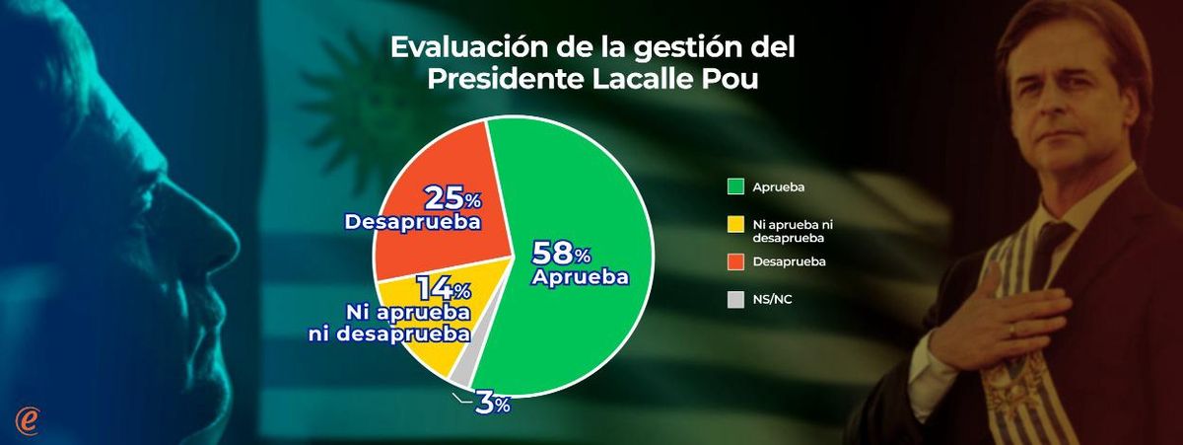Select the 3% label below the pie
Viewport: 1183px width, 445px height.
click(x=490, y=403)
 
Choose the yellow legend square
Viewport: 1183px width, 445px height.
click(x=732, y=225)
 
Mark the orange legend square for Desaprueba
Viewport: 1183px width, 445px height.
click(x=732, y=261)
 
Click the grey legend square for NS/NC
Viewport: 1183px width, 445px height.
click(x=732, y=298)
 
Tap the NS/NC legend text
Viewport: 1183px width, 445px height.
click(x=772, y=298)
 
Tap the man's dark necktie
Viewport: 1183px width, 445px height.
click(x=1048, y=247)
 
